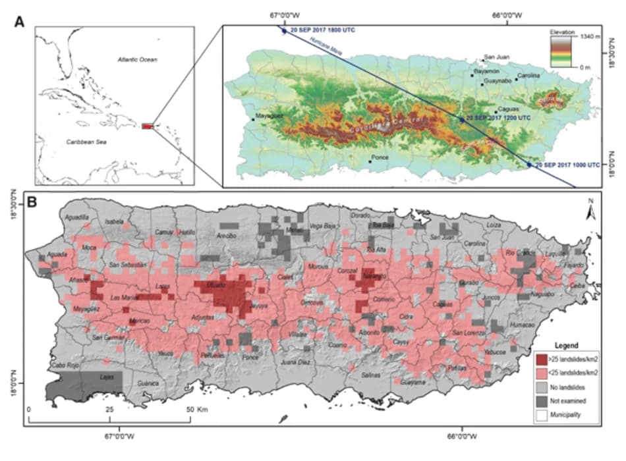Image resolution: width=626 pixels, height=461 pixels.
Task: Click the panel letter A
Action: tap(20, 21)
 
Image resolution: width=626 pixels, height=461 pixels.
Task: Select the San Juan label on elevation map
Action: tap(496, 57)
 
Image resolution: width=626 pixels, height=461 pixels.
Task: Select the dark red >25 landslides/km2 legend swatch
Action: tap(542, 361)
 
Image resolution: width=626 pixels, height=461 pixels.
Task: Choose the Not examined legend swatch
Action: tap(542, 400)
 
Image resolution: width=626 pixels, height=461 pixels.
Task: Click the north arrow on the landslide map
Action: tap(590, 211)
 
